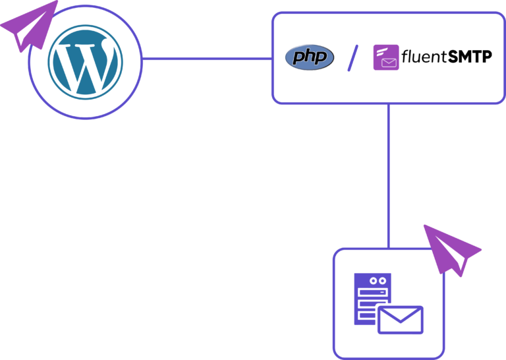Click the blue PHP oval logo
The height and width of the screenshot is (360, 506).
(310, 57)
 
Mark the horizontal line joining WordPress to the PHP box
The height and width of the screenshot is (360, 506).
(207, 59)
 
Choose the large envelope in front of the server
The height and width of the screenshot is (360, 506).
(400, 319)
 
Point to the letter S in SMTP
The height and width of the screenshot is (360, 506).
(454, 58)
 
